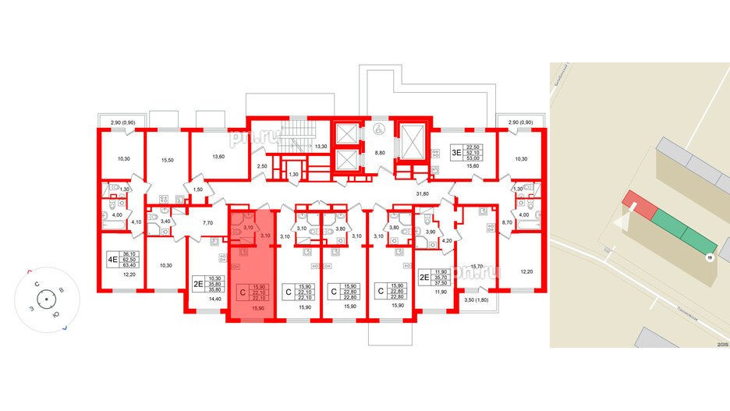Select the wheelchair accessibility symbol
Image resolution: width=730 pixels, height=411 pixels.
pos(379,130)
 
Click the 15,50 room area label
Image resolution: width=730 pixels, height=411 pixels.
pos(166,159)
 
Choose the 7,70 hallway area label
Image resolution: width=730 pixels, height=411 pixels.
pos(207,223)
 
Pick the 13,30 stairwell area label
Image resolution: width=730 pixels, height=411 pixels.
pos(320,146)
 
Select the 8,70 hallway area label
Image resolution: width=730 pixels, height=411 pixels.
pos(508,223)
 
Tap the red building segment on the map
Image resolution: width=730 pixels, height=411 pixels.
pos(639,207)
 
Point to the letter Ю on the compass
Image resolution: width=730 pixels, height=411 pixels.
pos(55,315)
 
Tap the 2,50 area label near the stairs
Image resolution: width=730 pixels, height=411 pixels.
pos(263,166)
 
